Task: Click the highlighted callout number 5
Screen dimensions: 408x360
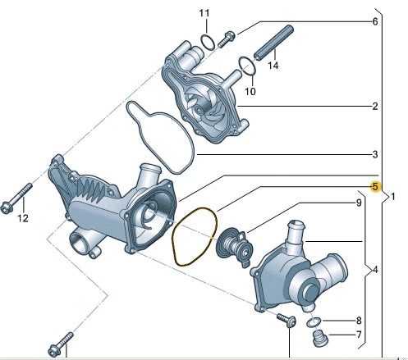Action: (375, 187)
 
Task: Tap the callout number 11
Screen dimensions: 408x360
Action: (204, 13)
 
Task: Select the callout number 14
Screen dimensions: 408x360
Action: (273, 66)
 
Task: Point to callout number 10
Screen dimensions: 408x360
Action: (250, 91)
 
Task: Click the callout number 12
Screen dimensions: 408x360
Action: (23, 218)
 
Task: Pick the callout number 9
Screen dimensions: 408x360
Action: (359, 203)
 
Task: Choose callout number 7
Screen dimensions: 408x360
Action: (359, 335)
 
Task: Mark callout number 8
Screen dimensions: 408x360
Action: (359, 321)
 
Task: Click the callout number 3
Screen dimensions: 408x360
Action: (375, 154)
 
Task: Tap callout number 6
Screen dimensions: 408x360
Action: (375, 21)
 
